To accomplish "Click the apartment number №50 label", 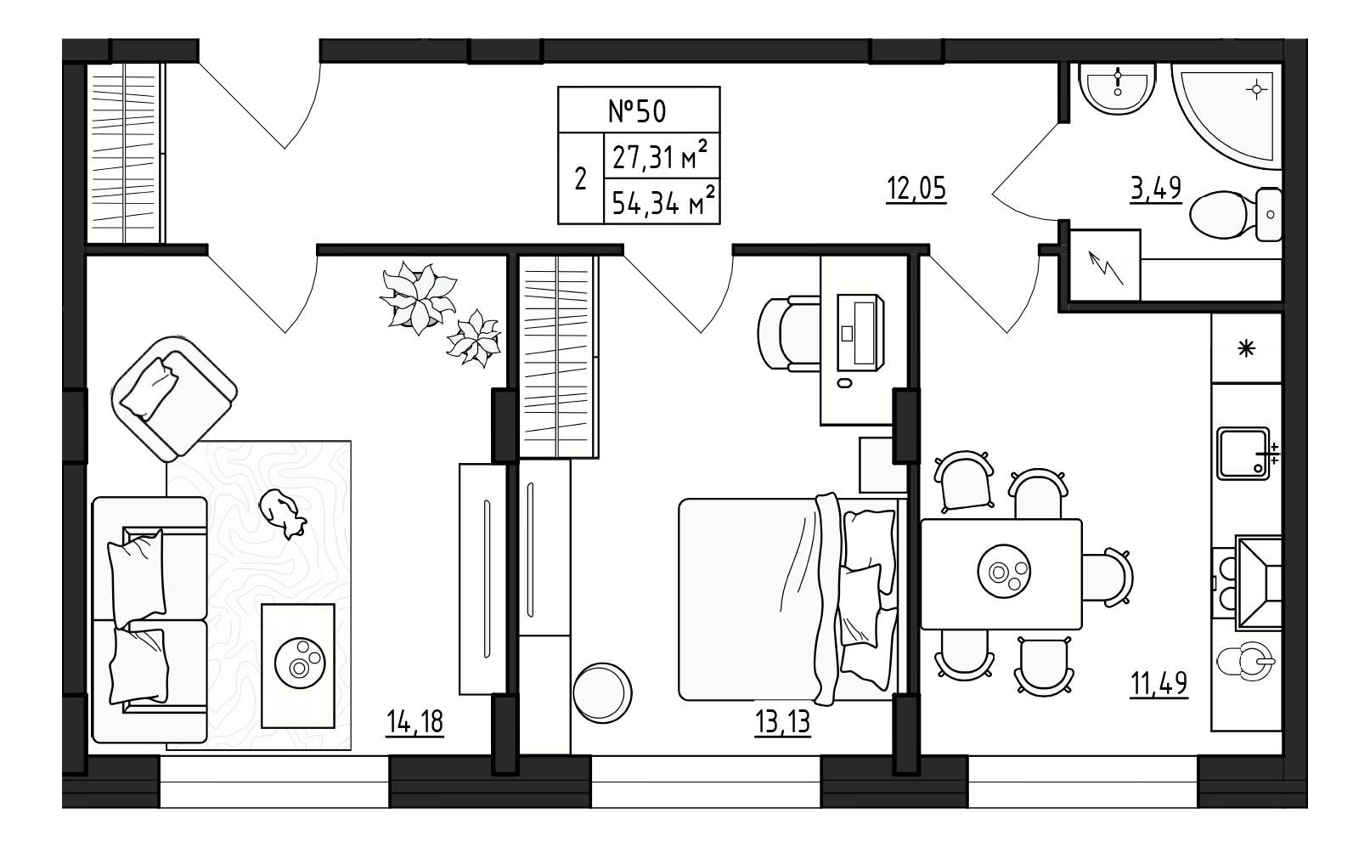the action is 637,111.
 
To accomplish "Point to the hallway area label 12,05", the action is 916,189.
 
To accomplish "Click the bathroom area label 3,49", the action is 1155,189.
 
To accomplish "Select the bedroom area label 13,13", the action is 782,722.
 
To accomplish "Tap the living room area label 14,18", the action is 414,722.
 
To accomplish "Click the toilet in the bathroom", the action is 1235,214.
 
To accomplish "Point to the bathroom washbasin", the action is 1117,89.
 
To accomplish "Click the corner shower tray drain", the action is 1256,90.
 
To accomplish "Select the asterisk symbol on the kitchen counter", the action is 1247,348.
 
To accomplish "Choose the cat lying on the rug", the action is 283,513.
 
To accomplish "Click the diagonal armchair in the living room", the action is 174,398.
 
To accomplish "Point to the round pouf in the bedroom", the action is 602,693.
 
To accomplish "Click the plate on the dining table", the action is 1004,572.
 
